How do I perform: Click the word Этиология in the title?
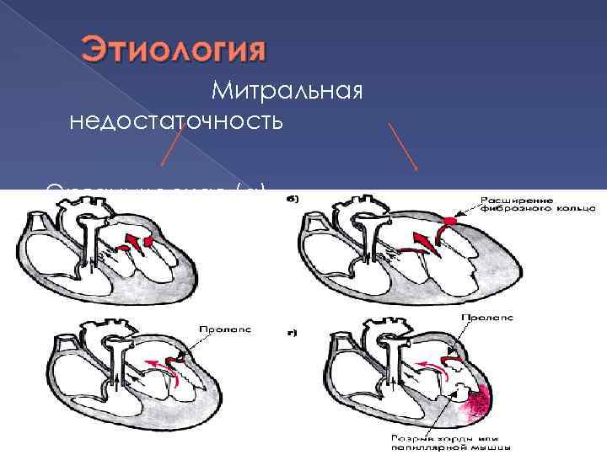(x=173, y=49)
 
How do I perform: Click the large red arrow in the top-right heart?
(x=426, y=244)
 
